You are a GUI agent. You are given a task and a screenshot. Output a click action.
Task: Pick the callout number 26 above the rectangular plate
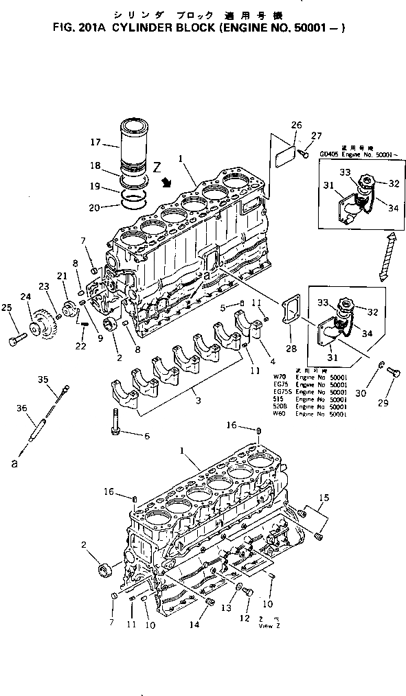click(x=296, y=125)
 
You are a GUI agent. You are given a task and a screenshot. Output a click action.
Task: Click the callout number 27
click(x=316, y=135)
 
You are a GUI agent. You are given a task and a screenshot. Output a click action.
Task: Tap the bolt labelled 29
click(x=394, y=373)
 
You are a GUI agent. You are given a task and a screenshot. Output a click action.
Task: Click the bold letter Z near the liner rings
click(x=157, y=166)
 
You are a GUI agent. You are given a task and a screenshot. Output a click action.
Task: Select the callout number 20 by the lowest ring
click(x=95, y=207)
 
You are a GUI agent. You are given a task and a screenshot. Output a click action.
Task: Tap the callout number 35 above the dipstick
click(x=43, y=379)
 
